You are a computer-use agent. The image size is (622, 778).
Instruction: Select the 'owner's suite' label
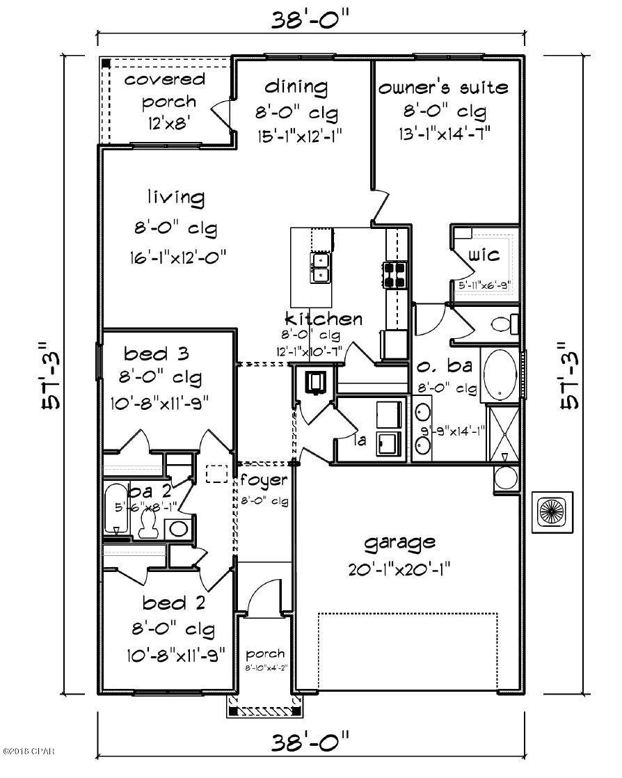(x=443, y=88)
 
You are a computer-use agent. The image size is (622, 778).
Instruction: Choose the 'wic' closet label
(x=484, y=255)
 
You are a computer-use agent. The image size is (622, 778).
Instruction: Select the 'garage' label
(x=400, y=542)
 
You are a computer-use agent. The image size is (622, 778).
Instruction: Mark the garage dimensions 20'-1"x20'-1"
(x=400, y=569)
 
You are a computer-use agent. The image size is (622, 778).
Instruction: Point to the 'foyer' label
(x=264, y=480)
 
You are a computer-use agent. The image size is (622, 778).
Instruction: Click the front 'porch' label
(x=265, y=654)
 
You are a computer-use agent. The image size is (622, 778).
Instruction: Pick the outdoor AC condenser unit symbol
(x=553, y=514)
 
